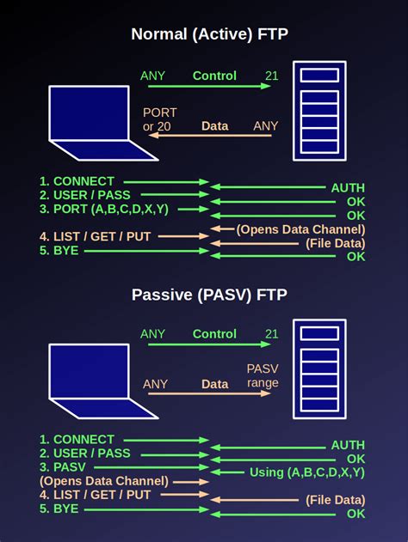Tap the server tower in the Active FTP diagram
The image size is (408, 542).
tap(319, 110)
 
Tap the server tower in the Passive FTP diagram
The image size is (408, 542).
tap(319, 367)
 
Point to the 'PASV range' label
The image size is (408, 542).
tap(263, 376)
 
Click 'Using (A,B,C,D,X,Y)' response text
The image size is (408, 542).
tap(307, 472)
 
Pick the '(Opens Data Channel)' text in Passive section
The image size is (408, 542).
tap(103, 481)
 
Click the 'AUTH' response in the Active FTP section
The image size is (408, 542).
tap(348, 187)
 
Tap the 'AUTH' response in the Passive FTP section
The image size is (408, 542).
tap(348, 445)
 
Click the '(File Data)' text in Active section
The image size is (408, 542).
tap(335, 243)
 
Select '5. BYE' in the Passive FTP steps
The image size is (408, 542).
tap(59, 509)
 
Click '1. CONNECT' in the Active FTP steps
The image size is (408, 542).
tap(77, 181)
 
